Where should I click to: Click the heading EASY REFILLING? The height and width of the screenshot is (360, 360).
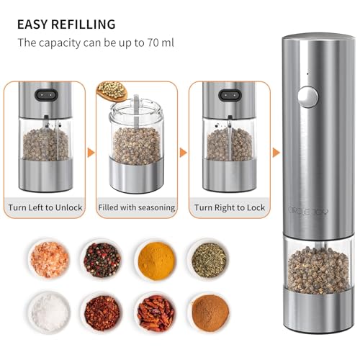(67, 24)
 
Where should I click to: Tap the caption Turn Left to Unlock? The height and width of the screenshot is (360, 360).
(45, 207)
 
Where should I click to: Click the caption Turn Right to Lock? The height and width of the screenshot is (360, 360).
(230, 207)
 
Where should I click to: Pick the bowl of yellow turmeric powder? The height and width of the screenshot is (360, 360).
(154, 256)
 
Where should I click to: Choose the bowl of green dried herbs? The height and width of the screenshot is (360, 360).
(207, 256)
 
